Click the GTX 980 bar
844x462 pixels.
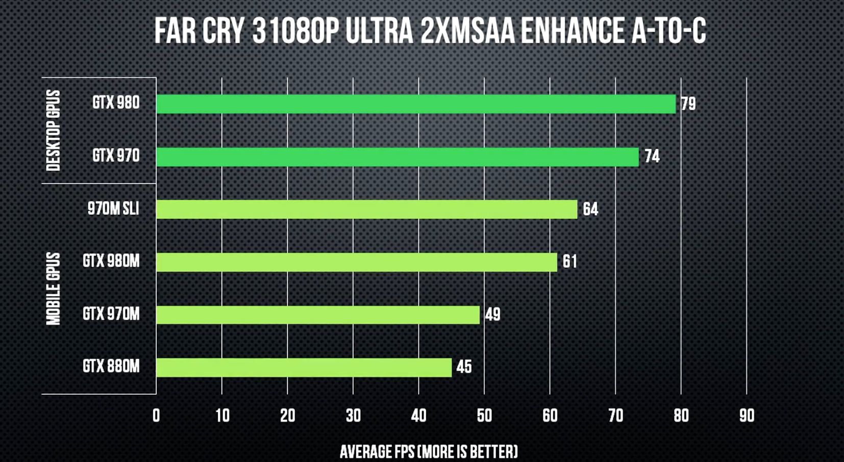click(415, 104)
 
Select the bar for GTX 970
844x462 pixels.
click(397, 157)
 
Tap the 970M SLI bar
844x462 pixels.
click(366, 209)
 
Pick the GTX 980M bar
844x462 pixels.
click(356, 262)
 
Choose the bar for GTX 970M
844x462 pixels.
click(317, 315)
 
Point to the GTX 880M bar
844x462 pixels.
click(304, 367)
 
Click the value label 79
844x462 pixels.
click(688, 104)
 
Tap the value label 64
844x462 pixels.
click(590, 209)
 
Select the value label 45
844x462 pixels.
click(464, 367)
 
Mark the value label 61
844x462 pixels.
click(569, 262)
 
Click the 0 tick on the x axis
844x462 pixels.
click(156, 416)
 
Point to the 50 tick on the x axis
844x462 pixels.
click(484, 416)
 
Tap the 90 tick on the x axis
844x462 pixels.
click(747, 416)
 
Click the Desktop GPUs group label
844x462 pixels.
click(53, 131)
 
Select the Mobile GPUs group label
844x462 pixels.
click(53, 289)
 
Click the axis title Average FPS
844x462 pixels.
click(429, 452)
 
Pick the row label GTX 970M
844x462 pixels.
click(111, 314)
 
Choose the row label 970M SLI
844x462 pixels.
click(113, 209)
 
